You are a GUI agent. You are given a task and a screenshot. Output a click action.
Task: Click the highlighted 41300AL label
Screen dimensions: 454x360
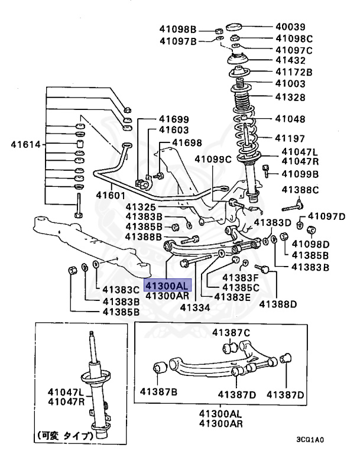pos(167,285)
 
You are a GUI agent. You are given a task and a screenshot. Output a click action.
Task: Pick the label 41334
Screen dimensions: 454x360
pos(196,307)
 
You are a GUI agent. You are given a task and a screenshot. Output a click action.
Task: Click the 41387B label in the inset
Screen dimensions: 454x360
pos(158,391)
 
